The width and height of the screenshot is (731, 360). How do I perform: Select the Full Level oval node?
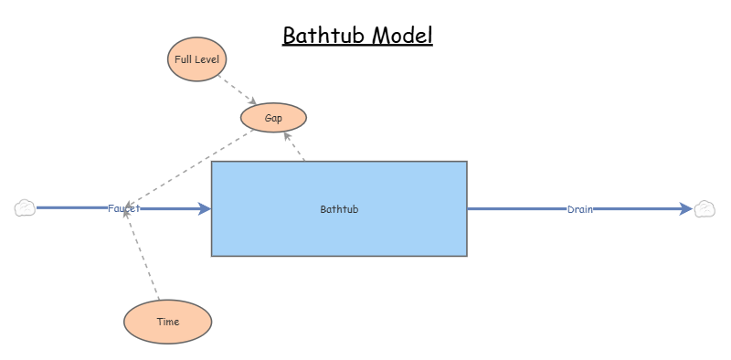point(196,59)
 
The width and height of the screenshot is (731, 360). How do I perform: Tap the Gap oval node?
point(273,118)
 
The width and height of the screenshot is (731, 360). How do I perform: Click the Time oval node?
point(167,322)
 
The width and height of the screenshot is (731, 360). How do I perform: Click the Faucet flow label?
point(123,208)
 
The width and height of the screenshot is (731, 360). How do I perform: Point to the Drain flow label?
point(579,209)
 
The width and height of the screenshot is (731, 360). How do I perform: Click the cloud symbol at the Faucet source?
point(25,208)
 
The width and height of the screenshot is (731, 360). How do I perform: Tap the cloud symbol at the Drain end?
point(705,209)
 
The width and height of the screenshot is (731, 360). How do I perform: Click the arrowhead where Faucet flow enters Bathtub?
point(205,208)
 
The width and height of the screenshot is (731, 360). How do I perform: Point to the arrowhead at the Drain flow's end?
point(686,209)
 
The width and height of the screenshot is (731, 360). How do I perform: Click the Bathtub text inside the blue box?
point(339,209)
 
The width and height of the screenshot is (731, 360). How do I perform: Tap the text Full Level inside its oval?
point(196,59)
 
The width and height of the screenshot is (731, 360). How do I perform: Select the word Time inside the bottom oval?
point(167,322)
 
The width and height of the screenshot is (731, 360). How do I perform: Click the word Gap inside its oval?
point(273,118)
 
